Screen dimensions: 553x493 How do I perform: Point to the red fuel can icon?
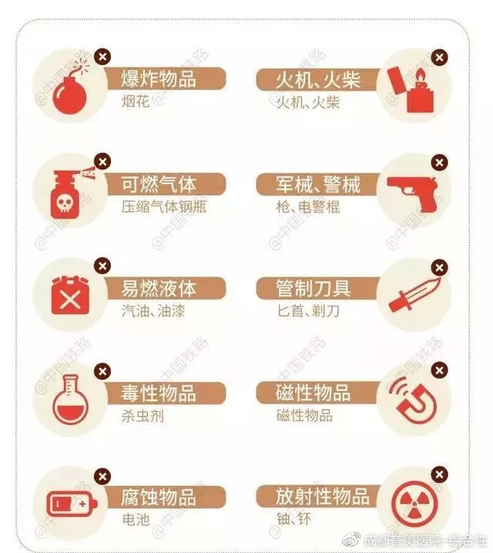[67, 297]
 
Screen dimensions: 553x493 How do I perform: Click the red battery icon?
[69, 504]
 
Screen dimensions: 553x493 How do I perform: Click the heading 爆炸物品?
[158, 79]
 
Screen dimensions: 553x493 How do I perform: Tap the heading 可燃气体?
[158, 184]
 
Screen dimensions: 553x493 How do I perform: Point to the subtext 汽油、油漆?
[153, 312]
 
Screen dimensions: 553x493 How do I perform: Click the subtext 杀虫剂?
[143, 417]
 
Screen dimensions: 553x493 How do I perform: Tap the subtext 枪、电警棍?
[308, 207]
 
